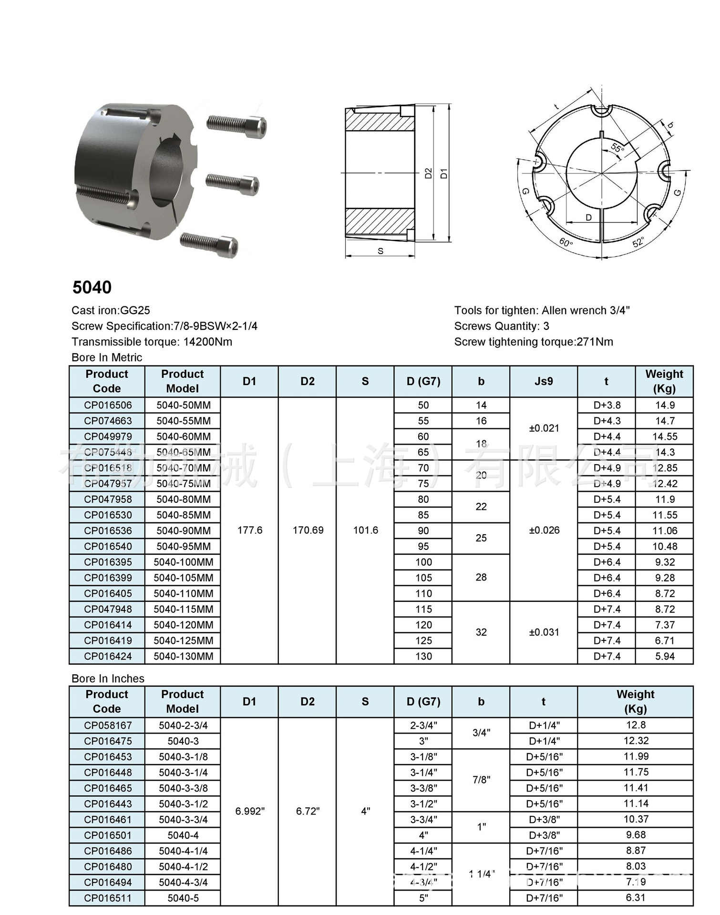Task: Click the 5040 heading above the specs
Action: pyautogui.click(x=92, y=287)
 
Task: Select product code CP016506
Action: pyautogui.click(x=108, y=406)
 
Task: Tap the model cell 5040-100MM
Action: pyautogui.click(x=183, y=562)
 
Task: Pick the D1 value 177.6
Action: pyautogui.click(x=250, y=530)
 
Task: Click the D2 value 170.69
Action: pyautogui.click(x=308, y=530)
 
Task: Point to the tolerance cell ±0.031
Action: pyautogui.click(x=544, y=632)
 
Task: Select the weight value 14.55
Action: pyautogui.click(x=665, y=437)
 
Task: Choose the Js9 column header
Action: pyautogui.click(x=544, y=381)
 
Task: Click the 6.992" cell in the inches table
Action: pyautogui.click(x=250, y=811)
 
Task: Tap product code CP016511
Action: pyautogui.click(x=108, y=898)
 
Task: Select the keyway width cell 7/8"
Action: pyautogui.click(x=481, y=780)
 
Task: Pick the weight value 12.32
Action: pyautogui.click(x=636, y=741)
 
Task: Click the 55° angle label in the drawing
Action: pyautogui.click(x=617, y=148)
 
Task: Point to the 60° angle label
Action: pyautogui.click(x=566, y=242)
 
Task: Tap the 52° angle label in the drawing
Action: pyautogui.click(x=638, y=241)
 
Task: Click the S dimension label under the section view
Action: pyautogui.click(x=381, y=251)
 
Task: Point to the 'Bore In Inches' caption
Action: pyautogui.click(x=108, y=679)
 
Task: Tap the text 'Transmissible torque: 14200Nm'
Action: pyautogui.click(x=152, y=342)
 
